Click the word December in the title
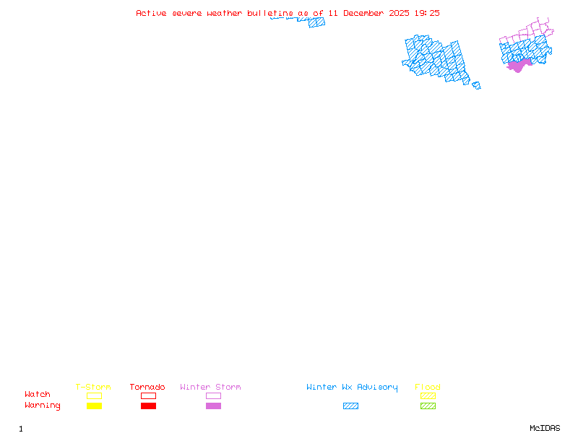coord(363,13)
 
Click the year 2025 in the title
coord(399,13)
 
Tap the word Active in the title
coord(151,13)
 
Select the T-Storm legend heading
coord(93,387)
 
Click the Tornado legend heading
coord(147,387)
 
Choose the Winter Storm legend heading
coord(210,387)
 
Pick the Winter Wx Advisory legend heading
coord(352,388)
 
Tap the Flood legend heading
coord(428,387)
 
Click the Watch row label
coord(38,394)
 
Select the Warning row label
coord(43,406)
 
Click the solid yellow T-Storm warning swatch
coord(95,406)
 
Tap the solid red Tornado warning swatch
coord(149,406)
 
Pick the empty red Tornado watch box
coord(149,393)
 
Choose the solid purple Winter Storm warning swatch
coord(213,406)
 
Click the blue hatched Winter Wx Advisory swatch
coord(350,406)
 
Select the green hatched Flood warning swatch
coord(428,406)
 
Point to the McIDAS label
coord(545,428)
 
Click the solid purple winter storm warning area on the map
coord(519,66)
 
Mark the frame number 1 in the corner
coord(21,429)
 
